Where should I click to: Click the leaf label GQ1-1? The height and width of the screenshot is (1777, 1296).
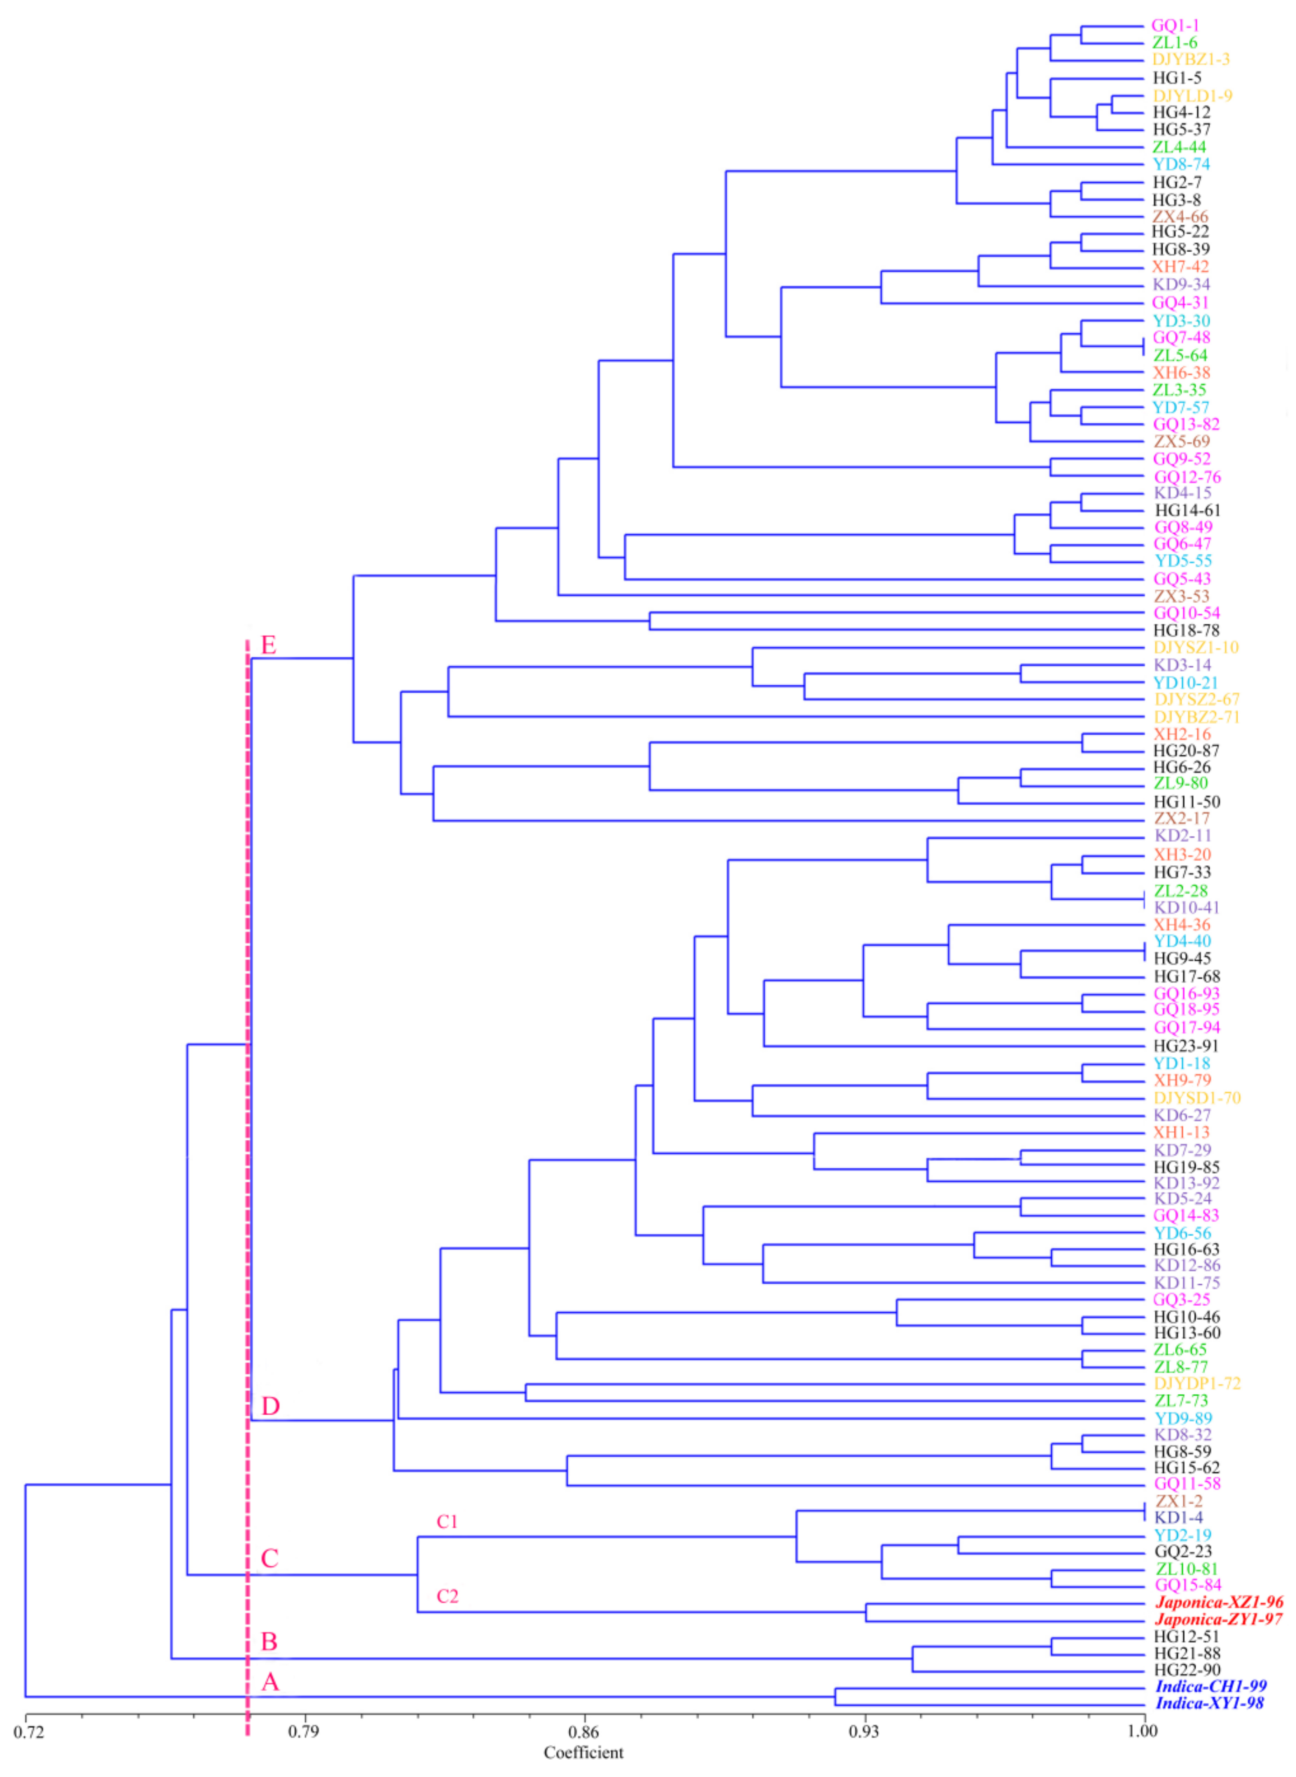[x=1174, y=25]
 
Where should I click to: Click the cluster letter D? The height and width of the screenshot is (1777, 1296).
[x=270, y=1406]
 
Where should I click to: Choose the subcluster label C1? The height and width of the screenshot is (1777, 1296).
[x=447, y=1521]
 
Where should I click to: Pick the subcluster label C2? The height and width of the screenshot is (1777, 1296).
[x=447, y=1596]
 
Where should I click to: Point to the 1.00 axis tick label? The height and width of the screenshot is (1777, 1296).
[x=1143, y=1731]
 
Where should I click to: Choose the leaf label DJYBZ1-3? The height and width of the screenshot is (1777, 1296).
[x=1190, y=60]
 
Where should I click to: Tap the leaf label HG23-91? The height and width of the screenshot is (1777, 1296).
[x=1186, y=1046]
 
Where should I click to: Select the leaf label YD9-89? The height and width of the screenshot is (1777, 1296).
[x=1182, y=1419]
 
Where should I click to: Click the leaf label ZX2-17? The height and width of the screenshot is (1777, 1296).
[x=1181, y=818]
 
